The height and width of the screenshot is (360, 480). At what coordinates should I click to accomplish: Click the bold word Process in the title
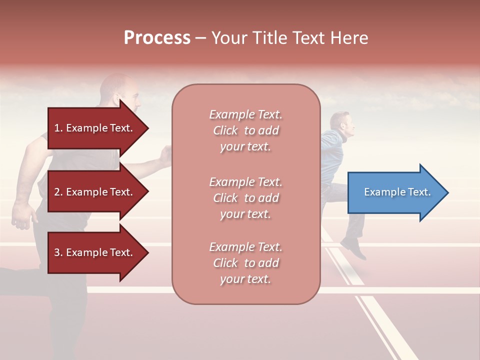157,38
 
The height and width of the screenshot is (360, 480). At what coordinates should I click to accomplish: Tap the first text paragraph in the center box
245,130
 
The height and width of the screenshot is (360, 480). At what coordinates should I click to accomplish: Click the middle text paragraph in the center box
245,198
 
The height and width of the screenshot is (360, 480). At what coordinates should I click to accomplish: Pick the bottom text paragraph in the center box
245,263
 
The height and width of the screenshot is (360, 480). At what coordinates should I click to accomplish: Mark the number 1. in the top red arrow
58,128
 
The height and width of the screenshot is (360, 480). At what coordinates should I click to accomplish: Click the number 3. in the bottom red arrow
58,252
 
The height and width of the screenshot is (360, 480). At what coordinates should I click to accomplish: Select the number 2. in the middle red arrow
58,192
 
